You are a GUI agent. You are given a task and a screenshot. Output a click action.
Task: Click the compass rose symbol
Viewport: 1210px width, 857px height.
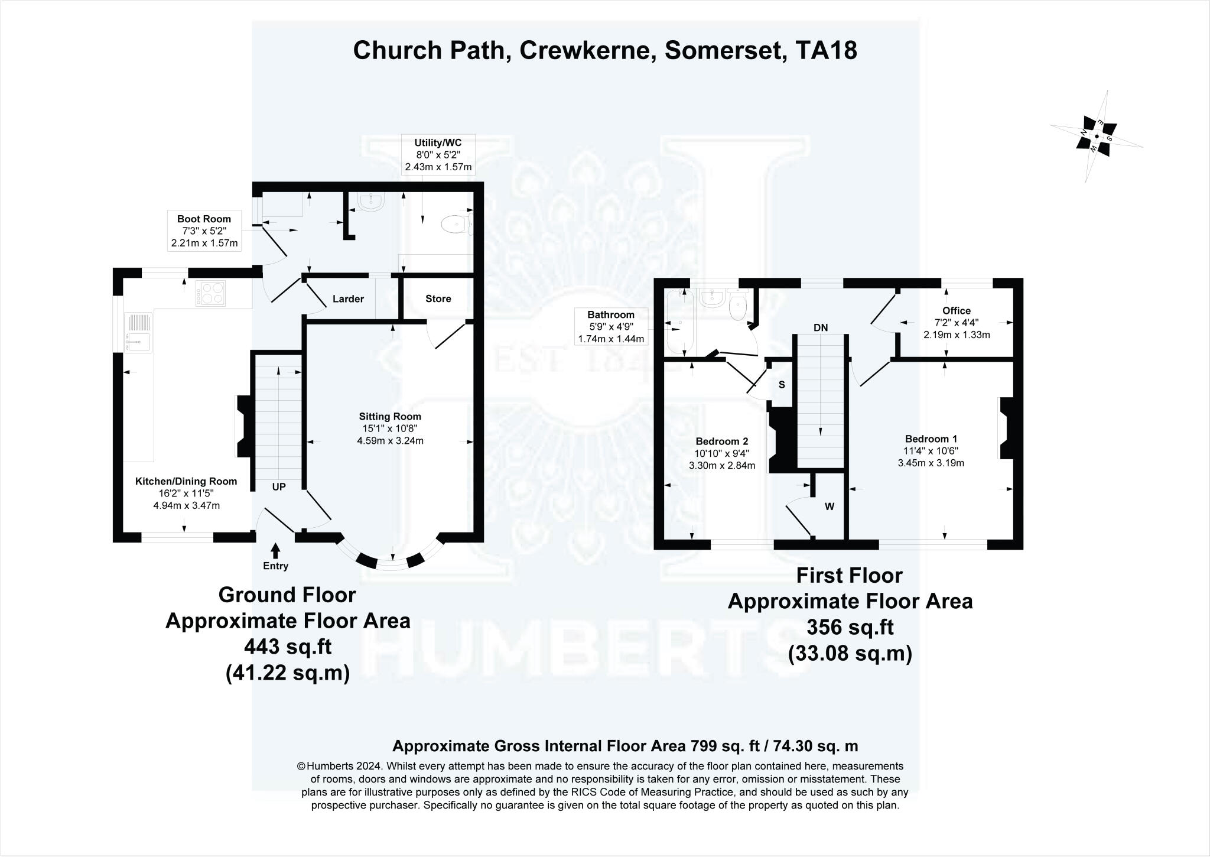point(1096,137)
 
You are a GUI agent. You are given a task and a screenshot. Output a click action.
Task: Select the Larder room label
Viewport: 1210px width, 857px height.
point(348,299)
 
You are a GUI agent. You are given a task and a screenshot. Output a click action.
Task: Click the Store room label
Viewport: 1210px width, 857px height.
point(438,299)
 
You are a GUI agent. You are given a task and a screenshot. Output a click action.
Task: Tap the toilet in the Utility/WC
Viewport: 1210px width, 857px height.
point(456,224)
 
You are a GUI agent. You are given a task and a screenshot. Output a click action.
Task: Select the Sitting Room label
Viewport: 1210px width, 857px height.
point(390,417)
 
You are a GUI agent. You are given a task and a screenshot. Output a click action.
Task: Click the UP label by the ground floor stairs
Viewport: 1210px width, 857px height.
point(279,487)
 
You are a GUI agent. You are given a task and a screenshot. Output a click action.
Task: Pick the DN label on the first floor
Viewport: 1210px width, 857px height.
point(821,328)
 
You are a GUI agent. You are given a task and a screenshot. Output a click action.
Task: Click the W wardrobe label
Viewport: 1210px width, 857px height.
point(830,507)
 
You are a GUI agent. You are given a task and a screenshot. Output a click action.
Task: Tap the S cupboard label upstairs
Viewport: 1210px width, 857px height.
point(782,385)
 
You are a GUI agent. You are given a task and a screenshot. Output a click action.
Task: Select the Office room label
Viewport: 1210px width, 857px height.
point(957,311)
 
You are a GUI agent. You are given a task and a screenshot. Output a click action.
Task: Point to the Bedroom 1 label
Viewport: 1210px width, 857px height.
point(931,439)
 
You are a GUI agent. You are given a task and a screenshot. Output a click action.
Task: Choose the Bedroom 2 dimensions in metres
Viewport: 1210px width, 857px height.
point(722,465)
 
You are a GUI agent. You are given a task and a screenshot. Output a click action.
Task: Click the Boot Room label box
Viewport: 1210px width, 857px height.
point(204,231)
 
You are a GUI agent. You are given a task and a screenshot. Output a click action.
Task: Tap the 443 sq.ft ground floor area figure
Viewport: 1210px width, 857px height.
point(288,647)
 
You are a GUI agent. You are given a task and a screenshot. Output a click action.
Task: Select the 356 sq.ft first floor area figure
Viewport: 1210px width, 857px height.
point(850,628)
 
